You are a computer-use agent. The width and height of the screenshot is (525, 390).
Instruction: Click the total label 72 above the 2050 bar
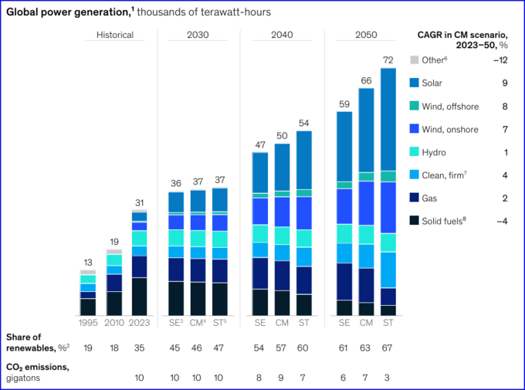click(x=388, y=59)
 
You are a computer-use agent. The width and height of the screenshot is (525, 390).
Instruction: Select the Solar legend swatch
click(x=415, y=83)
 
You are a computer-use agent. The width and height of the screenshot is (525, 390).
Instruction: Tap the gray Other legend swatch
click(x=415, y=59)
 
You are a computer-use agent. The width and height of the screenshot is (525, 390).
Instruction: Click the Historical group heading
click(x=115, y=35)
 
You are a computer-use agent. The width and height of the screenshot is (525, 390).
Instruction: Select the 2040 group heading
click(x=282, y=35)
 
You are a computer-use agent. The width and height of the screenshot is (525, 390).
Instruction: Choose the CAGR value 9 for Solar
click(x=506, y=83)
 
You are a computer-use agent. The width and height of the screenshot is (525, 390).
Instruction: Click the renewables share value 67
click(x=388, y=348)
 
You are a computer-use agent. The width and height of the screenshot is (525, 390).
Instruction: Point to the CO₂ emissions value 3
click(x=388, y=378)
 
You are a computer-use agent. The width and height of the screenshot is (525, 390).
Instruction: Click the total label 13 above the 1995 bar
click(x=87, y=262)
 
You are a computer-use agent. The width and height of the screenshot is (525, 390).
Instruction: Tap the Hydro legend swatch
click(x=415, y=152)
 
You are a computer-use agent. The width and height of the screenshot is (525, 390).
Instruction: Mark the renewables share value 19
click(x=87, y=348)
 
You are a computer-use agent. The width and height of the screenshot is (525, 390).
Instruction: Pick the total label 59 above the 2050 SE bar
click(x=344, y=103)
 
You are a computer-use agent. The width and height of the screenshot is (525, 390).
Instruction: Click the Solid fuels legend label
click(x=449, y=221)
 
